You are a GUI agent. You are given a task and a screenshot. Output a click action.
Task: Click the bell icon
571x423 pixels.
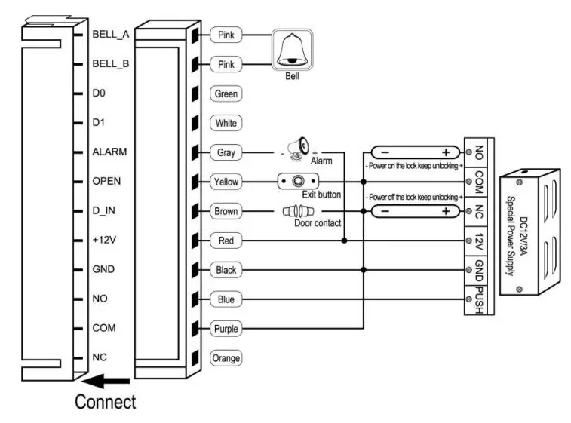[291, 51]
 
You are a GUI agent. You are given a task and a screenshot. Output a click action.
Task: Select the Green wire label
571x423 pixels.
[226, 94]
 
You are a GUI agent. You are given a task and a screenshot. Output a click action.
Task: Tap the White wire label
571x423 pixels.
[226, 123]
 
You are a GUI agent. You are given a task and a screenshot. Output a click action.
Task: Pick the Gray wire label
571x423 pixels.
[226, 152]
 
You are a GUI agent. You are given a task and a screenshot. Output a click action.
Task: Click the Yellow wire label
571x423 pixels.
[226, 182]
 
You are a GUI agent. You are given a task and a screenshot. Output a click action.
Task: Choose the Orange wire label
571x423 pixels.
[226, 358]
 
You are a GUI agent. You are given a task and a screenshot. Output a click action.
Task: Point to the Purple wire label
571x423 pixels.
[226, 329]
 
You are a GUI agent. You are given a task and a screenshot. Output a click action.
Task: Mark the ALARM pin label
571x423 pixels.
[109, 152]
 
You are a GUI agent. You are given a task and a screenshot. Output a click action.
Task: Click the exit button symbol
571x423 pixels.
[298, 182]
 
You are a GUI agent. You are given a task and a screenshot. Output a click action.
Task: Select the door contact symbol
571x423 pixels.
[296, 212]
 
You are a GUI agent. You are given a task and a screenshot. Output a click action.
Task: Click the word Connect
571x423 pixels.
[105, 402]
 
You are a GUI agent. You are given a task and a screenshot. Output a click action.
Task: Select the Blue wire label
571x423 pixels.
[226, 299]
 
